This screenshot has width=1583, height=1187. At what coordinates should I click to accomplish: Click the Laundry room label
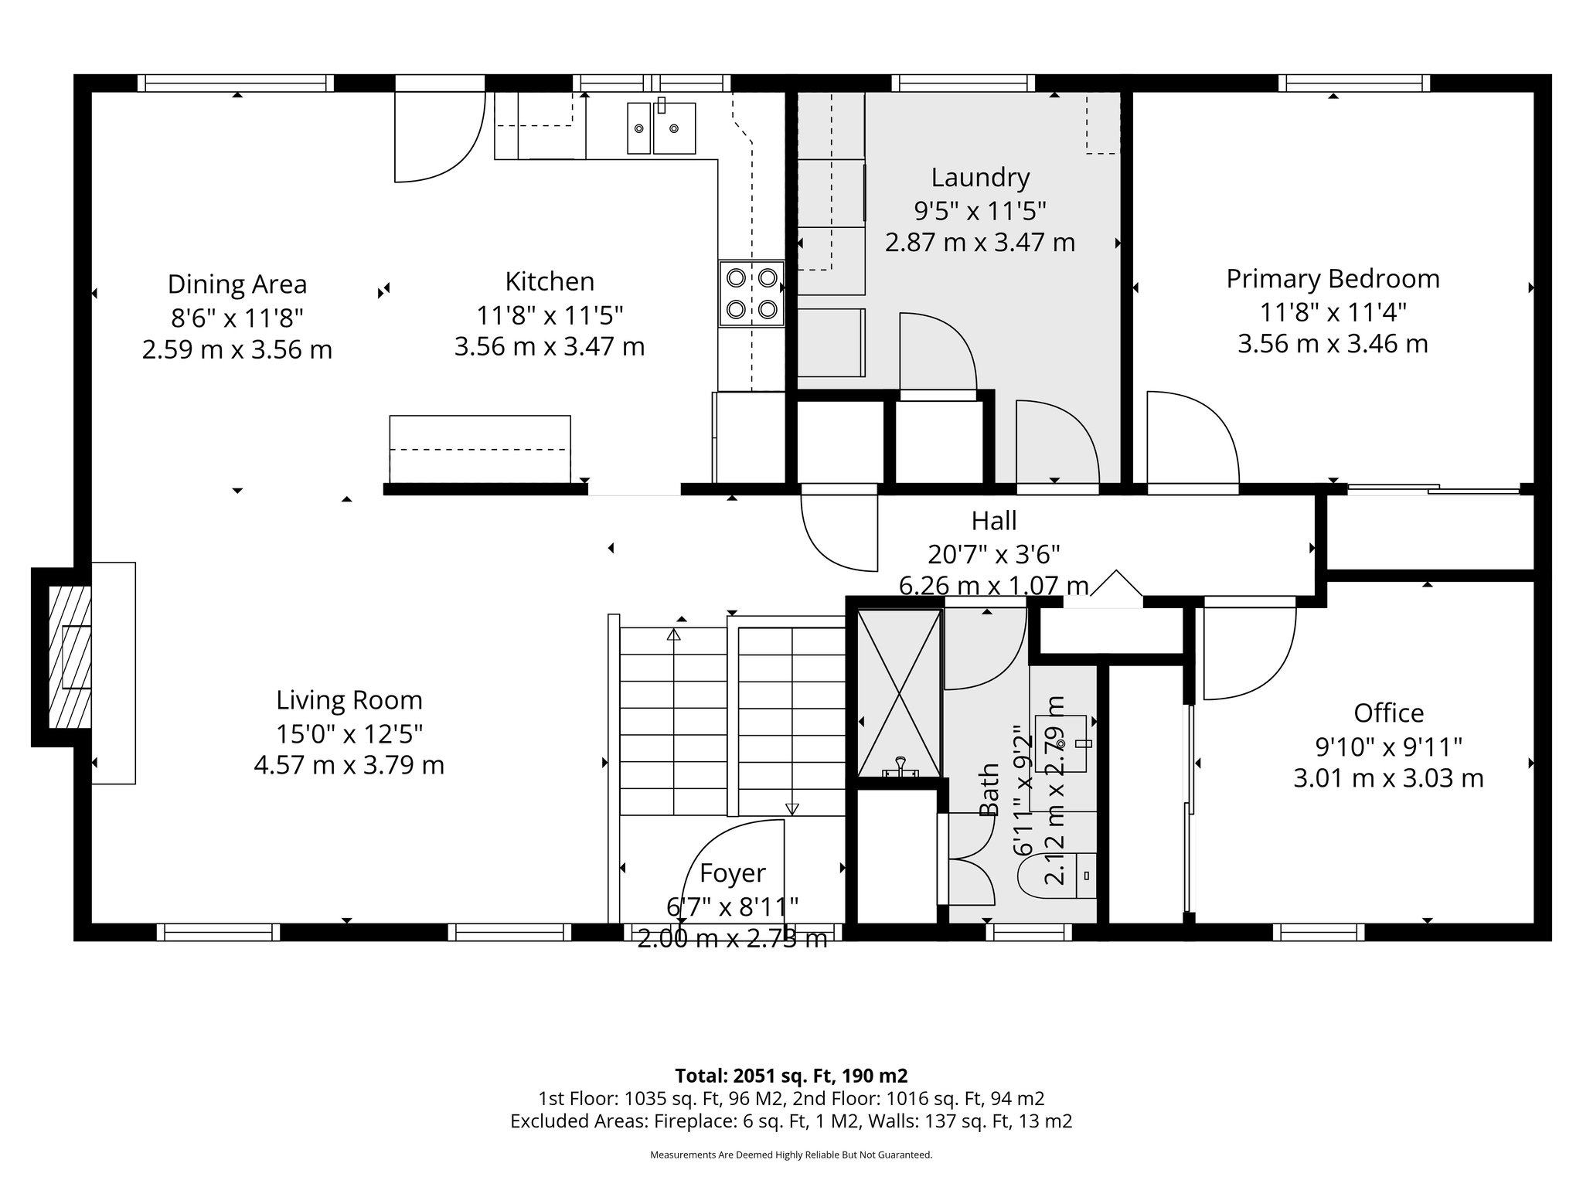(979, 178)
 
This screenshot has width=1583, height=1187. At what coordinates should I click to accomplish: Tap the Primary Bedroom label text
(1333, 279)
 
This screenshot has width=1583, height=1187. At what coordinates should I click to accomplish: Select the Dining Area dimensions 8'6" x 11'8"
(237, 317)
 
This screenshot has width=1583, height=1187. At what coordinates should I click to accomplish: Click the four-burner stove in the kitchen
(751, 294)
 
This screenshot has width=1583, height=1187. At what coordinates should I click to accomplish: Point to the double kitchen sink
(661, 128)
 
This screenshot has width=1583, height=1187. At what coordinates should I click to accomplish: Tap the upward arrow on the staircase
(673, 635)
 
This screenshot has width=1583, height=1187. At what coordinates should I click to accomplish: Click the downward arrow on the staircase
(791, 808)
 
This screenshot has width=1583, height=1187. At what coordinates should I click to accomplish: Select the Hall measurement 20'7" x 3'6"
(993, 554)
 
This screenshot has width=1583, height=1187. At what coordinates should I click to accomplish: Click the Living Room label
(349, 700)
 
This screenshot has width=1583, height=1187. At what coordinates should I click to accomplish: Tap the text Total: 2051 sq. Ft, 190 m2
(791, 1075)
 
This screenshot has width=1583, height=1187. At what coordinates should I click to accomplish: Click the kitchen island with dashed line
(479, 449)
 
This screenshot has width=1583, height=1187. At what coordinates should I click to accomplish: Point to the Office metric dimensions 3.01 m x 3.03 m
(1388, 778)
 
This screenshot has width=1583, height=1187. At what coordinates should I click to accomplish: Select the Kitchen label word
(550, 281)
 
